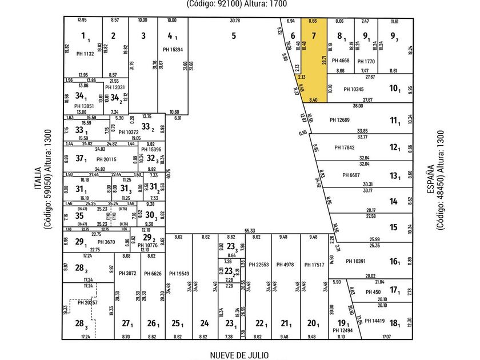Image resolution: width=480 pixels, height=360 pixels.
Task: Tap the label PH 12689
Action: [x=341, y=120]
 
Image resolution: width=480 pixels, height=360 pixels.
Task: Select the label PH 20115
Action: [x=106, y=159]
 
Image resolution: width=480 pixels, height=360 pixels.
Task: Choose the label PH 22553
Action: [x=258, y=264]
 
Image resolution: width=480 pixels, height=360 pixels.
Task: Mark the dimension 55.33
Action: [x=249, y=230]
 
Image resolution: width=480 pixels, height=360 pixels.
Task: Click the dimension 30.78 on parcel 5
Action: [x=235, y=21]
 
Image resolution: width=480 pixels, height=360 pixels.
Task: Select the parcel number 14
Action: [x=393, y=201]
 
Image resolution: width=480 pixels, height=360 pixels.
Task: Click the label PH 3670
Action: [x=106, y=242]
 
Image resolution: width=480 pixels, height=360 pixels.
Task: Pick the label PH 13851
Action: [x=85, y=106]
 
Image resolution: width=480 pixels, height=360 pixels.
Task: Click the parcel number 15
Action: [x=393, y=227]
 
